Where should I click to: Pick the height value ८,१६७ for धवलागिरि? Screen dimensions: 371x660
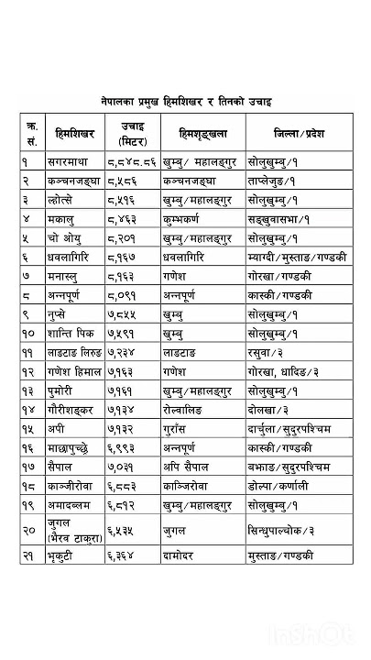(x=125, y=258)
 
